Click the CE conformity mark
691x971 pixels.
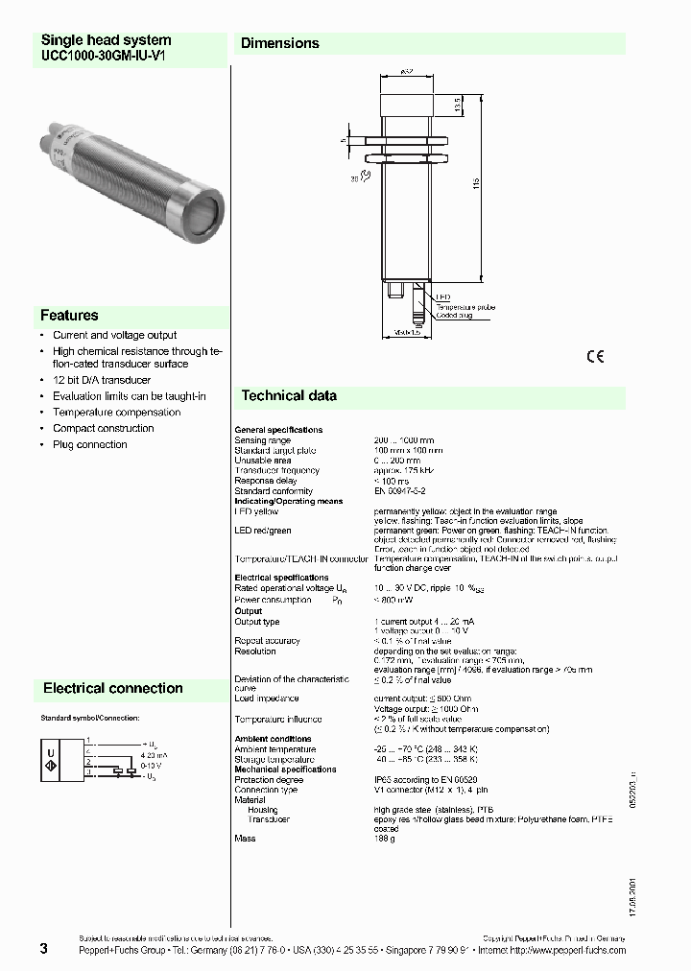[x=595, y=357]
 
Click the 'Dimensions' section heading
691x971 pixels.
[x=279, y=43]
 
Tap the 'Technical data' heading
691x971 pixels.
[x=288, y=395]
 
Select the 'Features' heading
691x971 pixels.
[x=69, y=315]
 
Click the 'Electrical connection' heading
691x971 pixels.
[x=112, y=688]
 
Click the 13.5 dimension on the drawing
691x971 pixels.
[x=460, y=105]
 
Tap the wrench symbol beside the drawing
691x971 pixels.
[x=354, y=178]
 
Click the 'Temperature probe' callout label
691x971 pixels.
[x=467, y=306]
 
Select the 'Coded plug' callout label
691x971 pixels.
[x=455, y=315]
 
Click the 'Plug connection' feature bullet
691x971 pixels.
[x=89, y=444]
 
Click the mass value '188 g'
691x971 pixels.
[x=383, y=839]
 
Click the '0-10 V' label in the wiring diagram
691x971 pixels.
[x=152, y=766]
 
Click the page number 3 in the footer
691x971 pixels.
[x=43, y=949]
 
